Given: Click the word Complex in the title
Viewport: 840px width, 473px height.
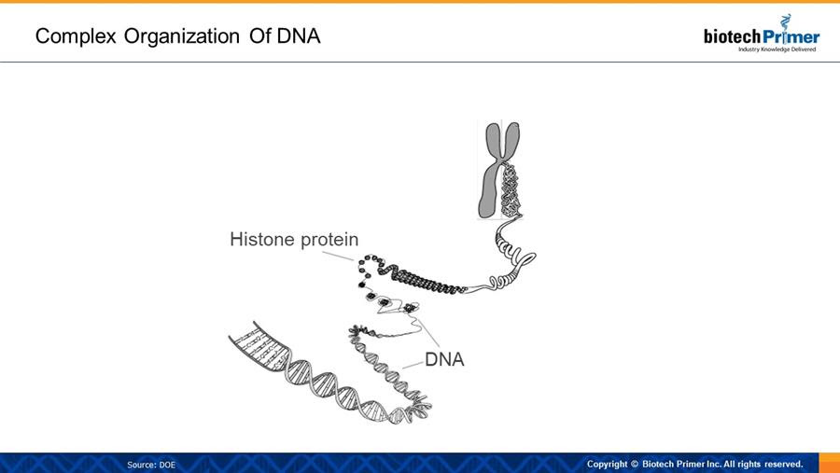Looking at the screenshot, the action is click(76, 36).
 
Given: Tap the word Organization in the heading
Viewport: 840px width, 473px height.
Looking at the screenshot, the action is click(182, 36).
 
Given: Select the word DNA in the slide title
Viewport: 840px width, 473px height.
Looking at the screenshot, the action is click(299, 35).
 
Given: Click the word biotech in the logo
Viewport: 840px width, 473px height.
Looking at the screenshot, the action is click(732, 36).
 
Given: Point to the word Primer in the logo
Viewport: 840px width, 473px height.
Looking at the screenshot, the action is click(791, 36).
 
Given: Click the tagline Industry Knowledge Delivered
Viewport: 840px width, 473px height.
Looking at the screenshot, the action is click(777, 49).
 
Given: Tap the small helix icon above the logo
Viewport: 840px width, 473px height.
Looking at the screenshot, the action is click(785, 21).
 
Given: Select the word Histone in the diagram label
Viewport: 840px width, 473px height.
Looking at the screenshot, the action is click(262, 239).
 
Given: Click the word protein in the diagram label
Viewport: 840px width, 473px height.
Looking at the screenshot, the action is click(329, 240).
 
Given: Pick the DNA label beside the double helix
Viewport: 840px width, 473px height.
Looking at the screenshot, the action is click(444, 359).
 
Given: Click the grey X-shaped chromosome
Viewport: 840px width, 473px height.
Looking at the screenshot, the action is click(498, 170).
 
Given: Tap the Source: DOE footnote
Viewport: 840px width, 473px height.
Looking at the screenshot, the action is click(151, 465).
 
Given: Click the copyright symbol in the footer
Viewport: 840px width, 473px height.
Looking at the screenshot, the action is click(635, 464).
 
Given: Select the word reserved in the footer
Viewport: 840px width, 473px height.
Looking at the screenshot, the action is click(783, 464).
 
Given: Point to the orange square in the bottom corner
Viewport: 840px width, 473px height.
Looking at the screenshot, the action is click(830, 463).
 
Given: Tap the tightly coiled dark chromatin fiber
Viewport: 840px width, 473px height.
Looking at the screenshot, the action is click(423, 279).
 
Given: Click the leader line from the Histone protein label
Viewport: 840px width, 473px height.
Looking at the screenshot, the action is click(338, 256).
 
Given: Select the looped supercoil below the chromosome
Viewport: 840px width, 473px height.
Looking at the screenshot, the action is click(512, 257).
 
